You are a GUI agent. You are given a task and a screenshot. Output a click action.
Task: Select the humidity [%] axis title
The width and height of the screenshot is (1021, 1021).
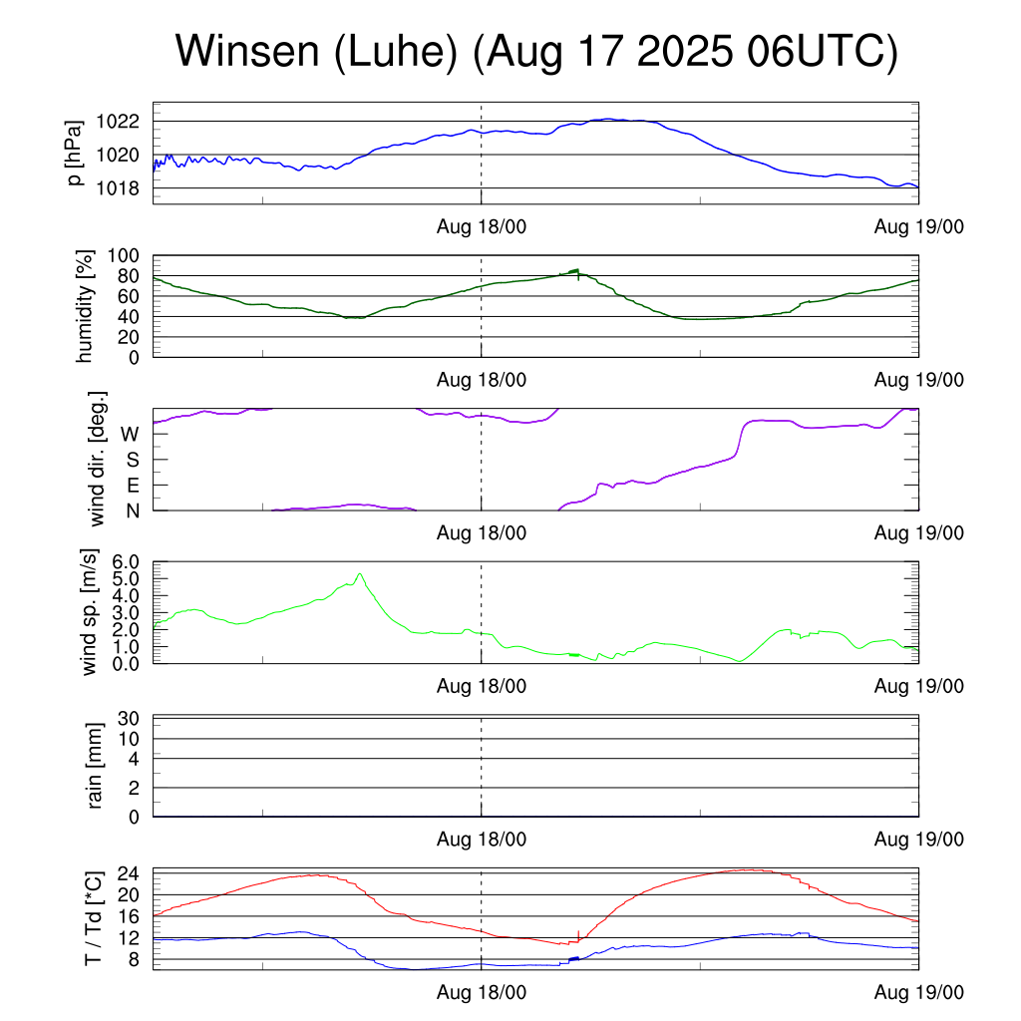tap(85, 306)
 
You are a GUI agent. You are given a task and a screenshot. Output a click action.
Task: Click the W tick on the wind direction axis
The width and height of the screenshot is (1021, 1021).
tap(130, 434)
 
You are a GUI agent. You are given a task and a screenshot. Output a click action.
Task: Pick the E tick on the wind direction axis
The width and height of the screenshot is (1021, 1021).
tap(132, 485)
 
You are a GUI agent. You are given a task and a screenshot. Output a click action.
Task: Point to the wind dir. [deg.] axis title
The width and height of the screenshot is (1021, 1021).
tap(97, 459)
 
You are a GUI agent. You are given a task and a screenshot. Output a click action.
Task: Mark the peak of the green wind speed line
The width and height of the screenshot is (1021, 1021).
tap(359, 573)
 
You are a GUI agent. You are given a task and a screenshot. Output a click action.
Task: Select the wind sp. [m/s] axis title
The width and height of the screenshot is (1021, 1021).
tap(90, 612)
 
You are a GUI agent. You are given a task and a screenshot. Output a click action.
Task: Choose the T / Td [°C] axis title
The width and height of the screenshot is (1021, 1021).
tap(93, 918)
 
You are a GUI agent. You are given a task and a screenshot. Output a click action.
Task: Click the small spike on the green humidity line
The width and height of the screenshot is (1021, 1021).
tap(576, 270)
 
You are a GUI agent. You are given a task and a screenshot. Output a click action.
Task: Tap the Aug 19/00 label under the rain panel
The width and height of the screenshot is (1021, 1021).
tap(918, 840)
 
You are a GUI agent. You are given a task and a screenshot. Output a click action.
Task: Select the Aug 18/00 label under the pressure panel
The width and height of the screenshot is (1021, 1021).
tap(482, 226)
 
